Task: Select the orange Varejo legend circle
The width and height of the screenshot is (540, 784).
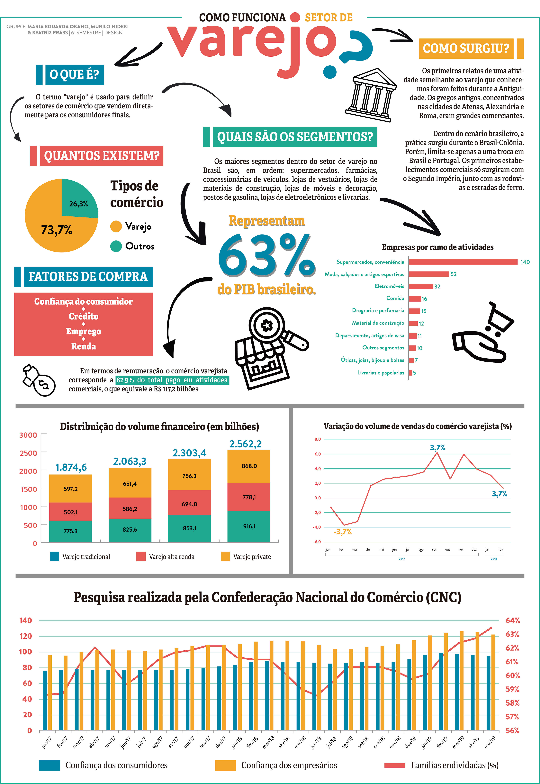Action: point(116,226)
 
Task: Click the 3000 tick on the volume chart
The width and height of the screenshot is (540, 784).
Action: point(28,435)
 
